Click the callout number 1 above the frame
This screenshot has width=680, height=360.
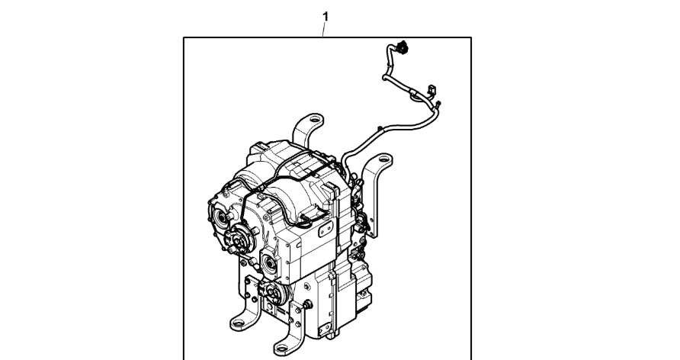point(326,17)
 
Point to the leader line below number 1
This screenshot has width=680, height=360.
point(323,30)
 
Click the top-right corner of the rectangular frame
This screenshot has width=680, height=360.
point(471,37)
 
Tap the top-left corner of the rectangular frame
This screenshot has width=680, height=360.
point(184,37)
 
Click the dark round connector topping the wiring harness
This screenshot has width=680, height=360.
point(403,47)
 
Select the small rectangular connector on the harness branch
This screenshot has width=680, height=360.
point(431,90)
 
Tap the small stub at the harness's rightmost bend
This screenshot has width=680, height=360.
point(438,104)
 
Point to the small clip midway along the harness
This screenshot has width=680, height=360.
point(380,129)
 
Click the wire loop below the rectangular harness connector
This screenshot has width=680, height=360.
point(416,97)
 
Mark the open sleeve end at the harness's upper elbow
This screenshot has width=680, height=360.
point(384,78)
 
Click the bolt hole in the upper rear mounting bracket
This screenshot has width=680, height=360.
point(316,118)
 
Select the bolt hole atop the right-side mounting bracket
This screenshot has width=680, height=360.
point(383,159)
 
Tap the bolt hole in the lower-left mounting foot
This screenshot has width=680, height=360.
point(238,323)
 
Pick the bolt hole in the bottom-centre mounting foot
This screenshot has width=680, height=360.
point(281,348)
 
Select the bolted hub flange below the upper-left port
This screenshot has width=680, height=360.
point(239,239)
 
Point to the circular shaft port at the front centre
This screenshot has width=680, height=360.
point(270,263)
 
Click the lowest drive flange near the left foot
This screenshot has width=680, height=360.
point(274,294)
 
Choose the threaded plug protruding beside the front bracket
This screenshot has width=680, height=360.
point(308,304)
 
